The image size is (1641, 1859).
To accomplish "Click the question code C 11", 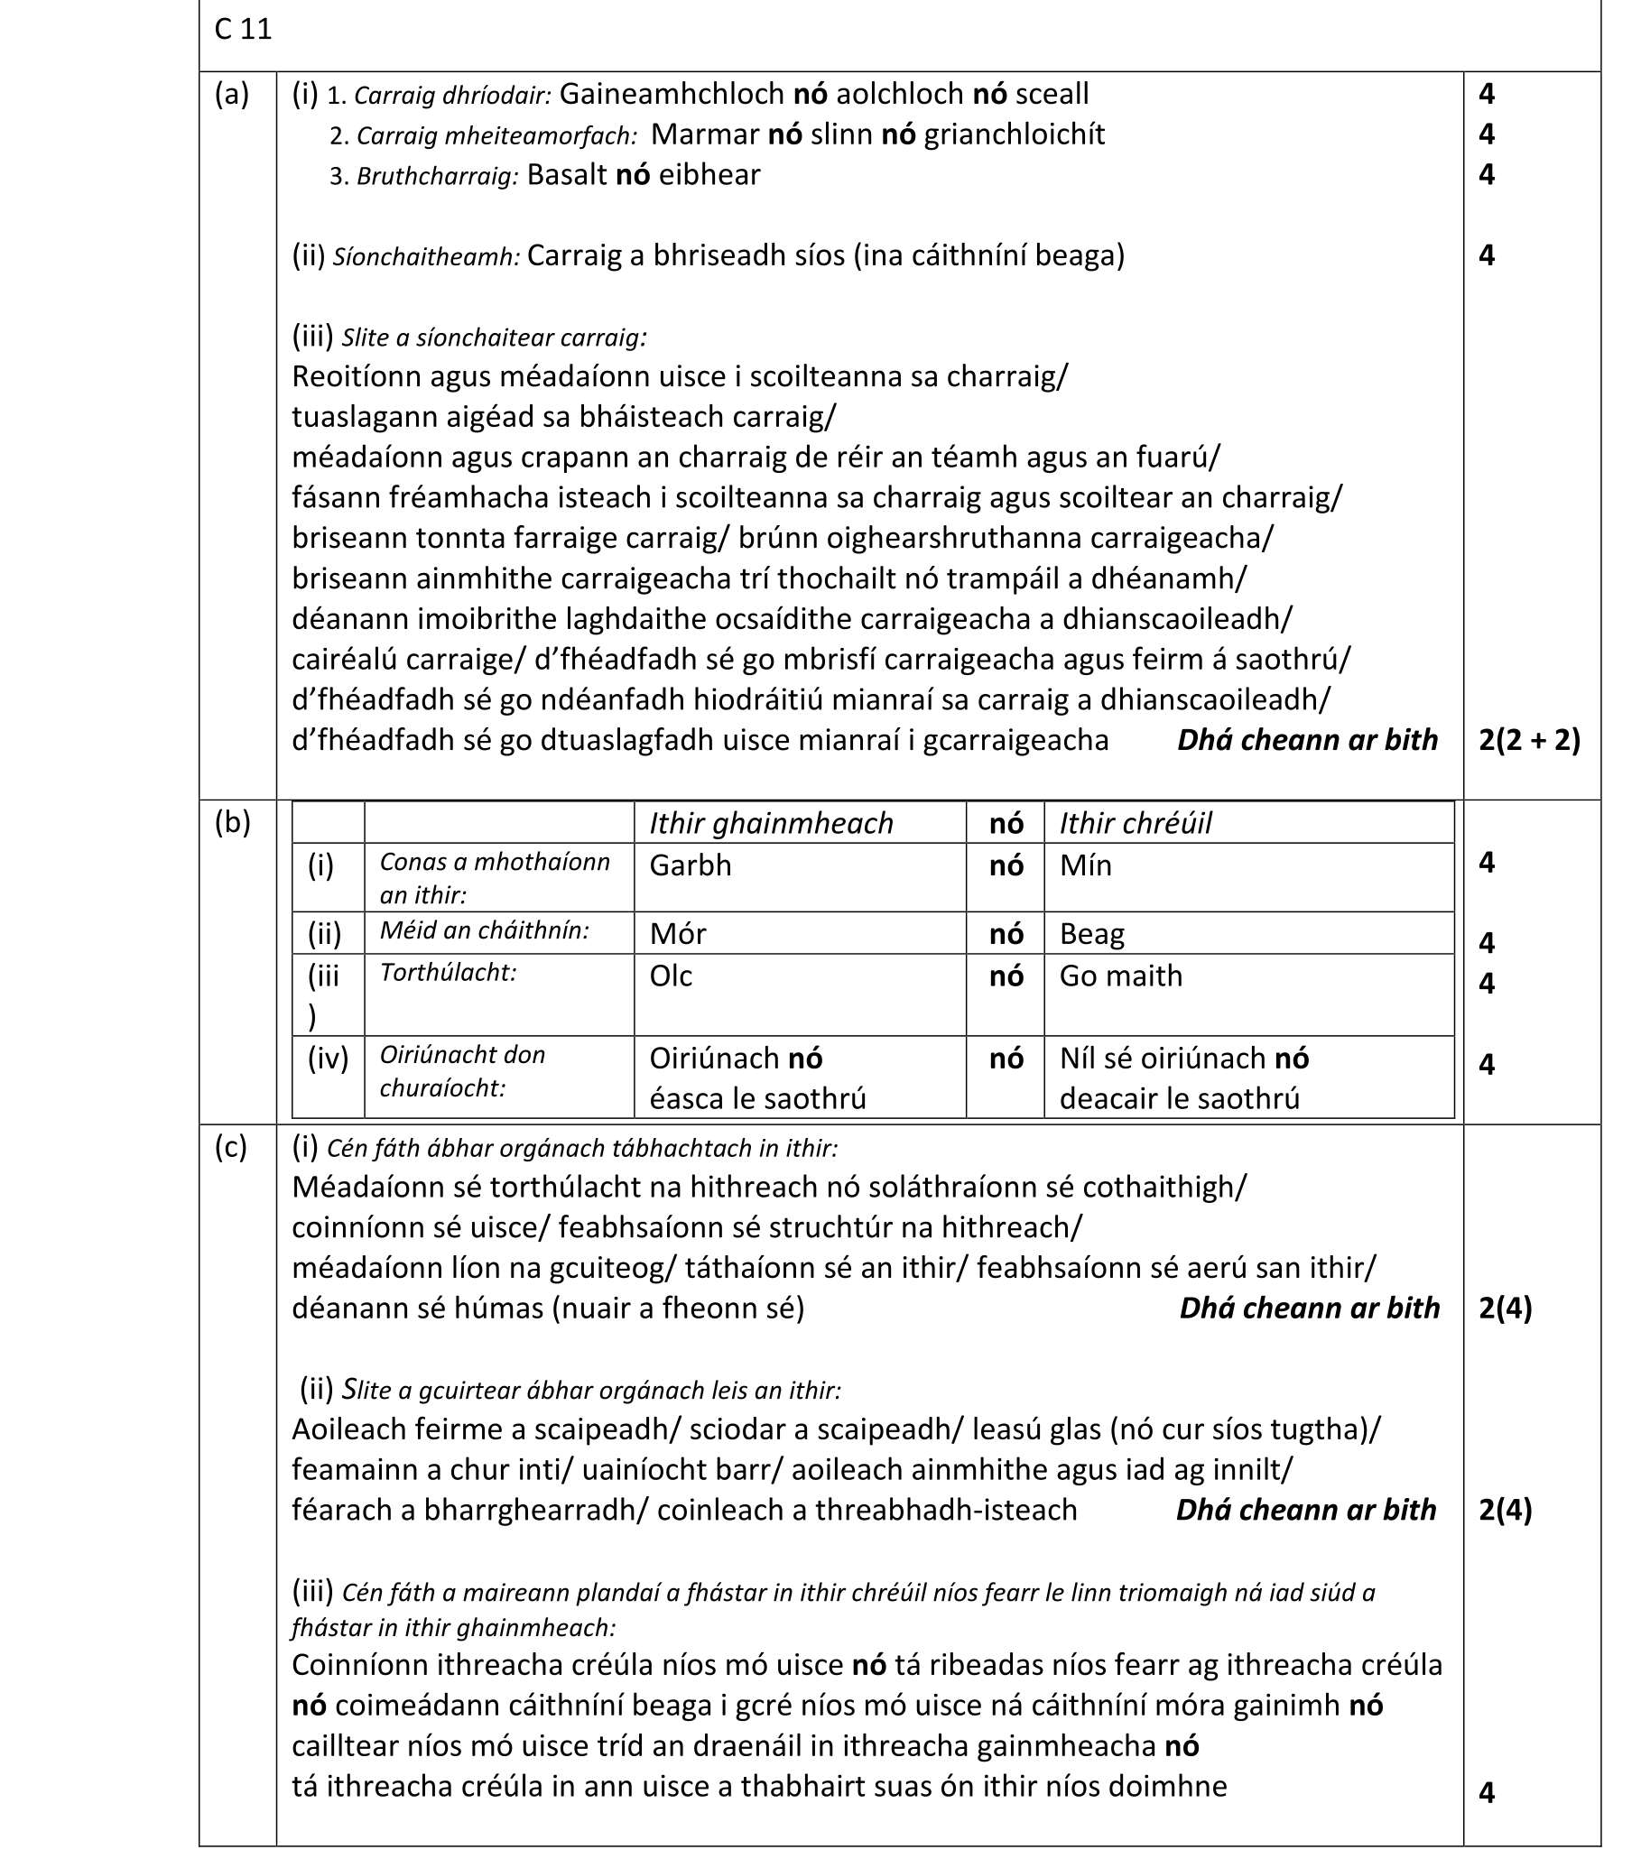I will click(x=243, y=30).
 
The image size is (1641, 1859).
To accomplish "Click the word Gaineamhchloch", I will click(x=672, y=94).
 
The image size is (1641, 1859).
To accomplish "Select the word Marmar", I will click(x=705, y=134).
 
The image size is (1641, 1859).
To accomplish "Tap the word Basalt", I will click(x=567, y=175).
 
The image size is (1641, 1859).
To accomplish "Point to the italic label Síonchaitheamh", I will click(x=426, y=257).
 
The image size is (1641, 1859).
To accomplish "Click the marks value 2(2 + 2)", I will click(x=1529, y=740).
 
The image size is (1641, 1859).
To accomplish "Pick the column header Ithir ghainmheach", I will click(x=771, y=823).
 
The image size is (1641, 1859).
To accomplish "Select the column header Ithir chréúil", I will click(x=1136, y=823).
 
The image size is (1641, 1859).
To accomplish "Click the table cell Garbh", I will click(x=690, y=865).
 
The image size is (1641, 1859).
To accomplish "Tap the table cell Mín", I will click(x=1085, y=865).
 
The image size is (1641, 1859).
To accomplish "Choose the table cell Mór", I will click(x=678, y=934).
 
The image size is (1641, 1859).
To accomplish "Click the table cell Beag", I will click(x=1091, y=934).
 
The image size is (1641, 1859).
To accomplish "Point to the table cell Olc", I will click(x=671, y=976).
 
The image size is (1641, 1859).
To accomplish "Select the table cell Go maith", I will click(x=1121, y=976).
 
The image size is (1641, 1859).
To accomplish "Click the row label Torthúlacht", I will click(x=448, y=973).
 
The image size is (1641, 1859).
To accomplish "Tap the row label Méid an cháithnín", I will click(x=484, y=931).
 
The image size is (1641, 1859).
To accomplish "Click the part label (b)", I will click(x=232, y=822).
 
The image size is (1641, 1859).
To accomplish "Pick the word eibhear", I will click(x=709, y=175).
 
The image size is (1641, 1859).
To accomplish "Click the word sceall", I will click(x=1052, y=94).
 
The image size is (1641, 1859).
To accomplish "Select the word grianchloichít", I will click(x=1015, y=134).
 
